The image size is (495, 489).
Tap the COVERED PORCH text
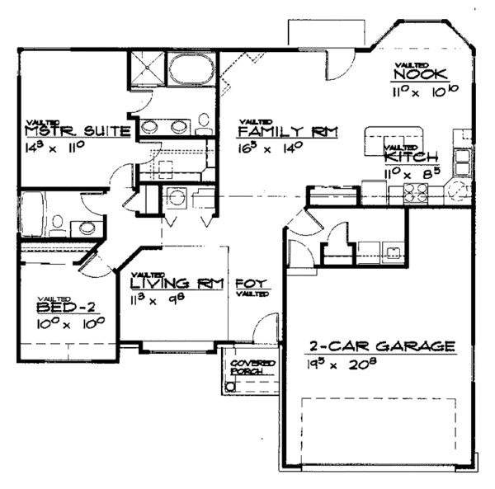[x=246, y=367]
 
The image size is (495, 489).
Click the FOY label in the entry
[x=247, y=281]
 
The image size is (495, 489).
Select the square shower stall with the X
[x=146, y=68]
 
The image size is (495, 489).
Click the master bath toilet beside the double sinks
[x=203, y=126]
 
